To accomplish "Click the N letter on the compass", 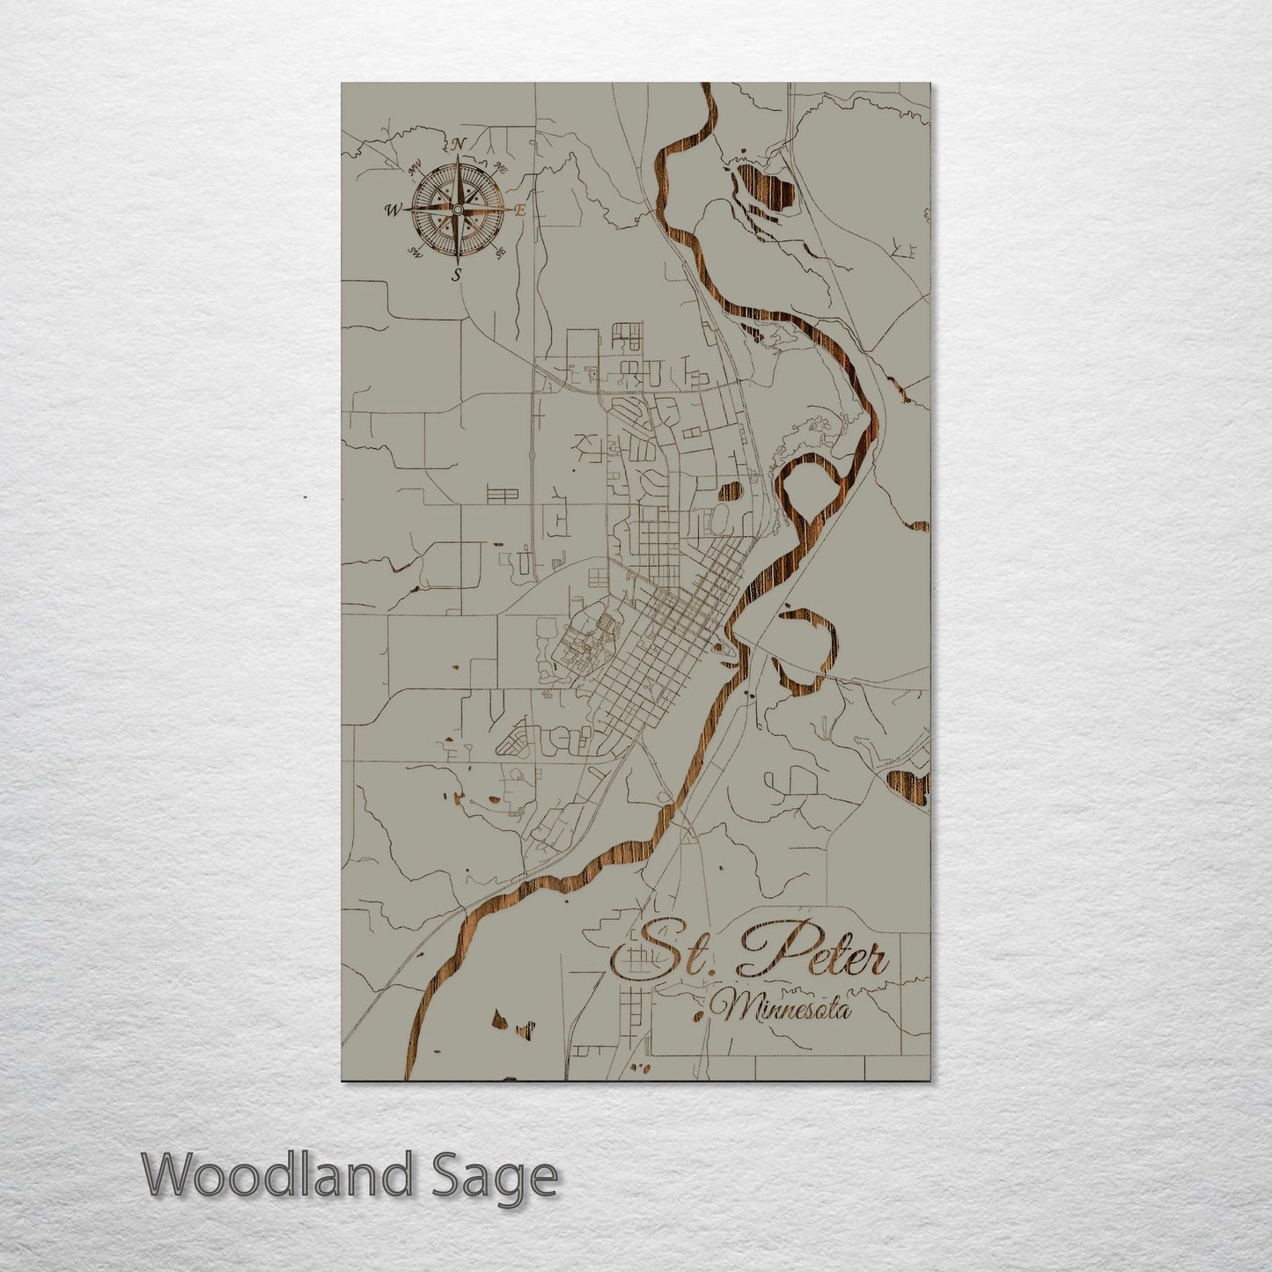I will click(459, 145).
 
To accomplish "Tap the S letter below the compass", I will click(456, 275).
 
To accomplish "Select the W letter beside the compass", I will click(391, 210).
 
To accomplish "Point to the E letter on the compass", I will click(520, 210).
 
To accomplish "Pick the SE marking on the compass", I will click(501, 254).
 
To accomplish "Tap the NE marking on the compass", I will click(501, 166).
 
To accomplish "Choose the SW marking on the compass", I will click(415, 254).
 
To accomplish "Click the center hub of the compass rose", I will click(457, 210).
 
